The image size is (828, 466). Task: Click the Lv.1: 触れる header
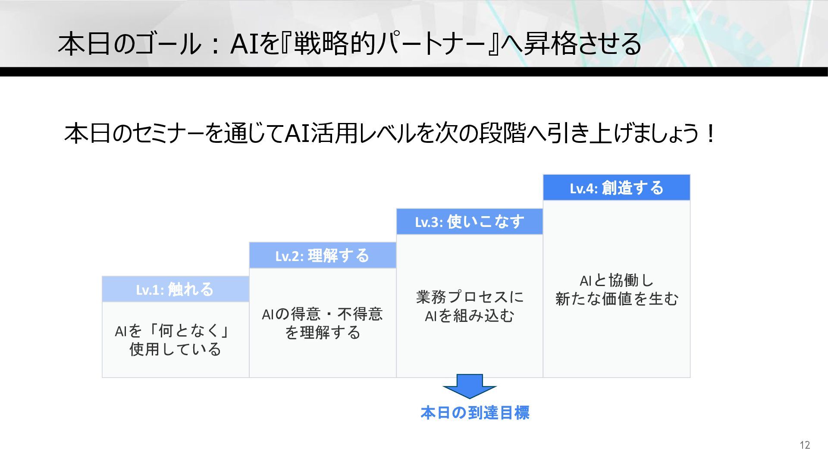click(x=175, y=289)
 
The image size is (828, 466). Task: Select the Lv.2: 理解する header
click(x=322, y=255)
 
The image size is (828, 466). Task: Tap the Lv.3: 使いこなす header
click(x=469, y=222)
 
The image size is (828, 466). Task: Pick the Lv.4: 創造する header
click(x=616, y=188)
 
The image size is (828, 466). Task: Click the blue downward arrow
click(x=470, y=386)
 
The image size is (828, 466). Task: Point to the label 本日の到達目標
click(x=475, y=412)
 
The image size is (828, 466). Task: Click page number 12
click(x=805, y=445)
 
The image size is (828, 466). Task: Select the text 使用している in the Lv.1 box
click(x=175, y=349)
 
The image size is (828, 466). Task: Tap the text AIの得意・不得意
click(x=322, y=314)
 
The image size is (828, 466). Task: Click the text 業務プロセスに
click(x=470, y=297)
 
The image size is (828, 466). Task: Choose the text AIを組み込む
click(x=470, y=316)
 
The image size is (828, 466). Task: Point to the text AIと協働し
click(x=616, y=280)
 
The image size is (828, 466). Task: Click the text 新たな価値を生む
click(x=616, y=299)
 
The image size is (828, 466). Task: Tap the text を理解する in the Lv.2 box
click(x=322, y=332)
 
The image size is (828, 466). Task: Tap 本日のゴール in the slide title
click(x=129, y=44)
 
